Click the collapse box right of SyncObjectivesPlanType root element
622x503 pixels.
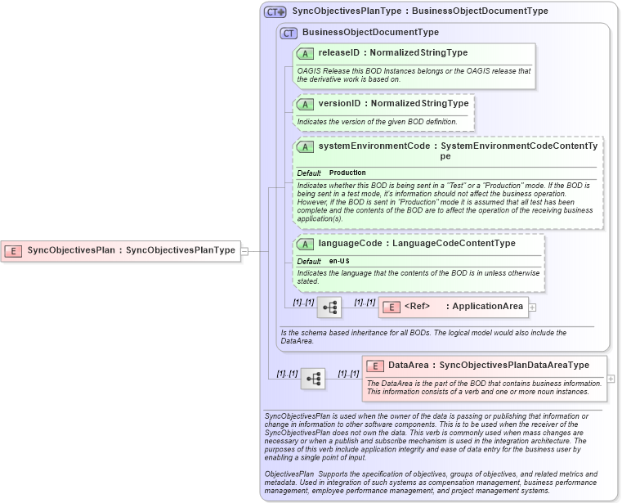coord(244,251)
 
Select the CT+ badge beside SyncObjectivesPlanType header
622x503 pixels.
coord(275,12)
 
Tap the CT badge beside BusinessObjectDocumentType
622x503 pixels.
coord(288,33)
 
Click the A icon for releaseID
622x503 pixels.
coord(305,53)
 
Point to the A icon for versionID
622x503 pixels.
coord(305,104)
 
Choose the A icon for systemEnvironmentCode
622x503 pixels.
coord(305,146)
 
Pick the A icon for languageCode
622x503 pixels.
coord(305,244)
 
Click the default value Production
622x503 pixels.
coord(347,173)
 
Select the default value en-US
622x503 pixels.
coord(340,261)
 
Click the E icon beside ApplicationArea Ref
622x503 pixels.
coord(391,307)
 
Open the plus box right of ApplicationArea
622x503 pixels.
coord(533,308)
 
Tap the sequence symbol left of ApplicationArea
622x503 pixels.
coord(329,308)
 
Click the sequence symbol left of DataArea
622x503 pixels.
coord(313,379)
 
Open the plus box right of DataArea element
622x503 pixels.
coord(611,379)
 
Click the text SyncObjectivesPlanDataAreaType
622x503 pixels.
coord(514,366)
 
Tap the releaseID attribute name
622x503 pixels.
coord(339,53)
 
